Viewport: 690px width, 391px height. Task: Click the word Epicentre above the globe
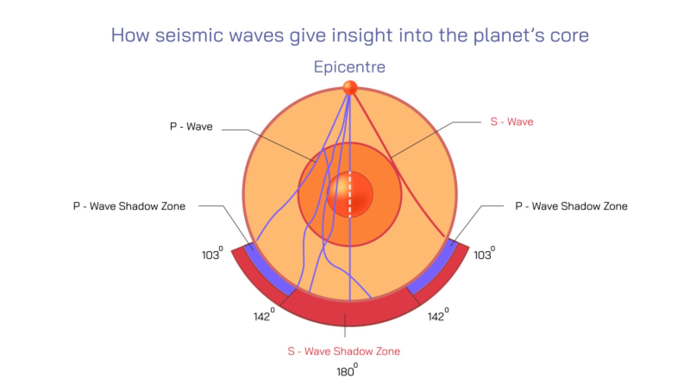349,67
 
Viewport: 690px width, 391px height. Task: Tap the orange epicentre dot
350,88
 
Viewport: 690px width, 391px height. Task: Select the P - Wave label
191,127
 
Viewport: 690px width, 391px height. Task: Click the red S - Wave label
512,122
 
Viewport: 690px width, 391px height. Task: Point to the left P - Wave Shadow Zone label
129,206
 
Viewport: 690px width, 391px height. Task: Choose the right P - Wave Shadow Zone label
571,206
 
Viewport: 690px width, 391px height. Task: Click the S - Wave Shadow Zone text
344,351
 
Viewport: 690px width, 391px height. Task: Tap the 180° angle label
346,371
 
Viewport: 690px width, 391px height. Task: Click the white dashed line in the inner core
350,195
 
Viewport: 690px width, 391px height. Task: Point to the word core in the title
569,36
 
